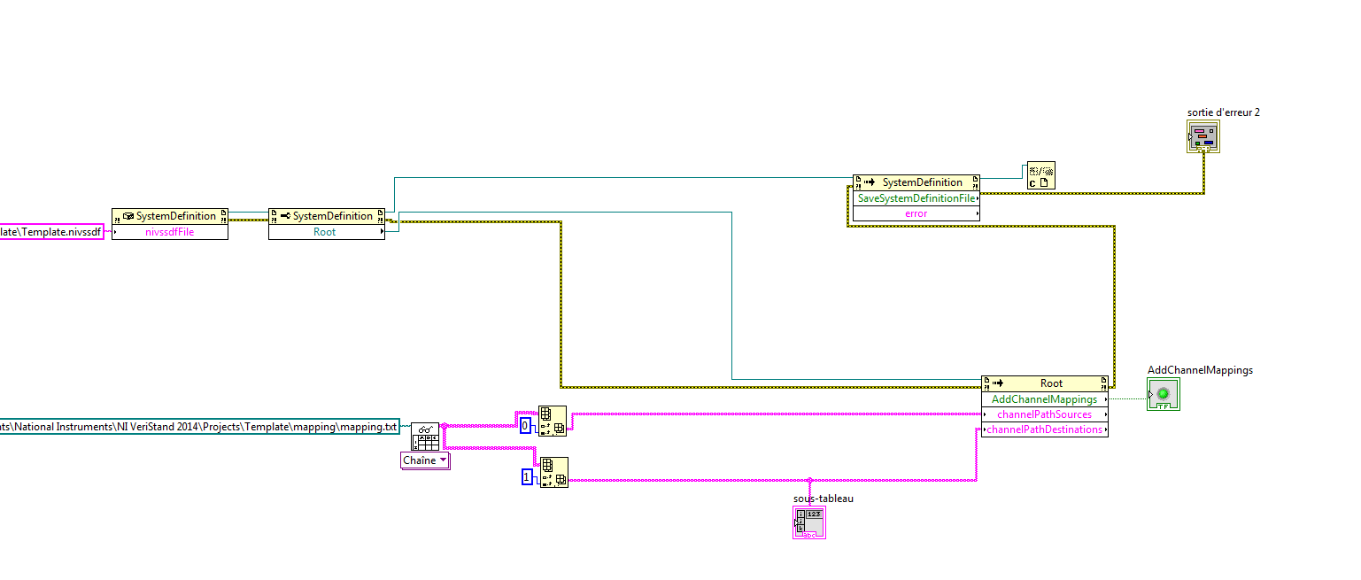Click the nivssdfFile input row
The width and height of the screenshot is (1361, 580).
click(169, 232)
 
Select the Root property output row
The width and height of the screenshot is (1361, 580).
click(326, 232)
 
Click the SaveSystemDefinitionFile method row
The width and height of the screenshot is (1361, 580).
click(916, 198)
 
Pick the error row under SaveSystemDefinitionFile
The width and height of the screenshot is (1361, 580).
click(916, 213)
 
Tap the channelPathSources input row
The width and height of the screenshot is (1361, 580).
click(1044, 414)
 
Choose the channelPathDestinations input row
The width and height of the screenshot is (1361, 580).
click(1044, 429)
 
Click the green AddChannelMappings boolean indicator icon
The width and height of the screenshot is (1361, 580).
click(1163, 394)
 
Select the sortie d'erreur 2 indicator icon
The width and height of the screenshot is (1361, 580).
click(1202, 136)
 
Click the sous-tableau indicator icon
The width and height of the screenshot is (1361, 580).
click(809, 522)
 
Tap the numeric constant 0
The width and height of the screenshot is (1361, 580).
click(525, 426)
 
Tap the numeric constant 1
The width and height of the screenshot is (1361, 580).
click(527, 477)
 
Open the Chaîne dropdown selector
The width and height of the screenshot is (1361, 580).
click(426, 460)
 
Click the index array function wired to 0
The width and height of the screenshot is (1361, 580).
click(553, 421)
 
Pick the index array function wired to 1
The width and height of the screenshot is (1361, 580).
click(554, 473)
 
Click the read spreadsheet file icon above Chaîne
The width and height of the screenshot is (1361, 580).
click(425, 437)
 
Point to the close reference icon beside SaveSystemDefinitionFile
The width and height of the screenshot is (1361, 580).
click(1040, 175)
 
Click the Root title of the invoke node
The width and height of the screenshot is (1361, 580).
click(1051, 383)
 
